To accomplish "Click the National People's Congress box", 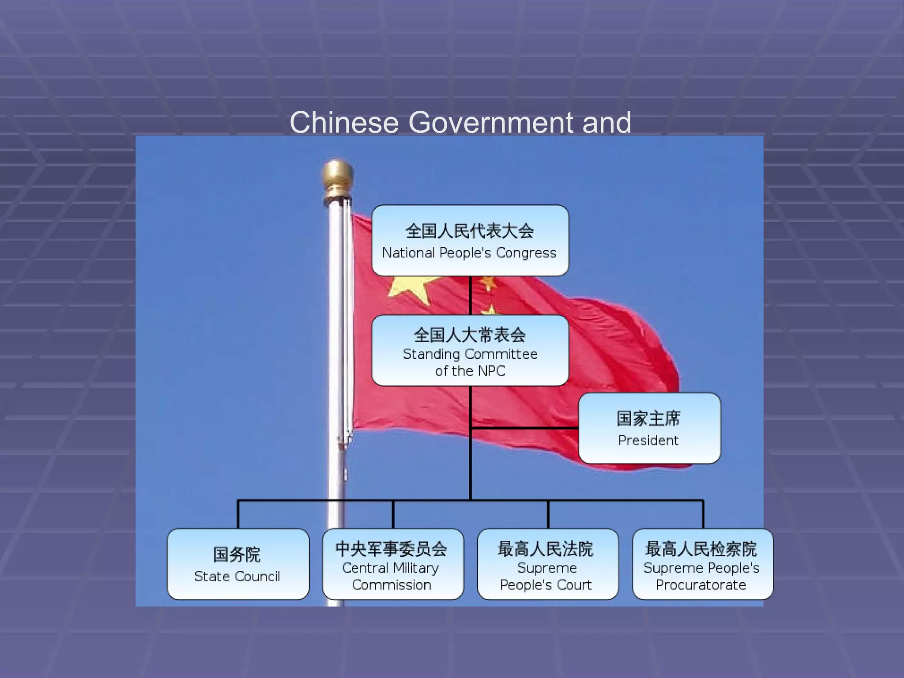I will (470, 241).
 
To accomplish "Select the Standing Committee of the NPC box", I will (470, 350).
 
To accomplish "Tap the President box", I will (649, 428).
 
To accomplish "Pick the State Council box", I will (238, 564).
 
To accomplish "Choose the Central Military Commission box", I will (393, 564).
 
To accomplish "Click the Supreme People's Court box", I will (548, 564).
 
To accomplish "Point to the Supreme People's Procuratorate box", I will (703, 564).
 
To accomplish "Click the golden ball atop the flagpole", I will (337, 175).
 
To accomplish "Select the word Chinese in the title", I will (344, 122).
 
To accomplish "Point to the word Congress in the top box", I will (526, 253).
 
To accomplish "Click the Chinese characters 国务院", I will (237, 554).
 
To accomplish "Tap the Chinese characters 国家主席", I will (648, 418).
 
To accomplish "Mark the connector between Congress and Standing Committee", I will (470, 295).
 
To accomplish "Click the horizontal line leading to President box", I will (525, 428).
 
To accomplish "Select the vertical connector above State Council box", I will (238, 514).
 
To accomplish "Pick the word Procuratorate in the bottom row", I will (701, 585).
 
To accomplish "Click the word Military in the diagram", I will (416, 568).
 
